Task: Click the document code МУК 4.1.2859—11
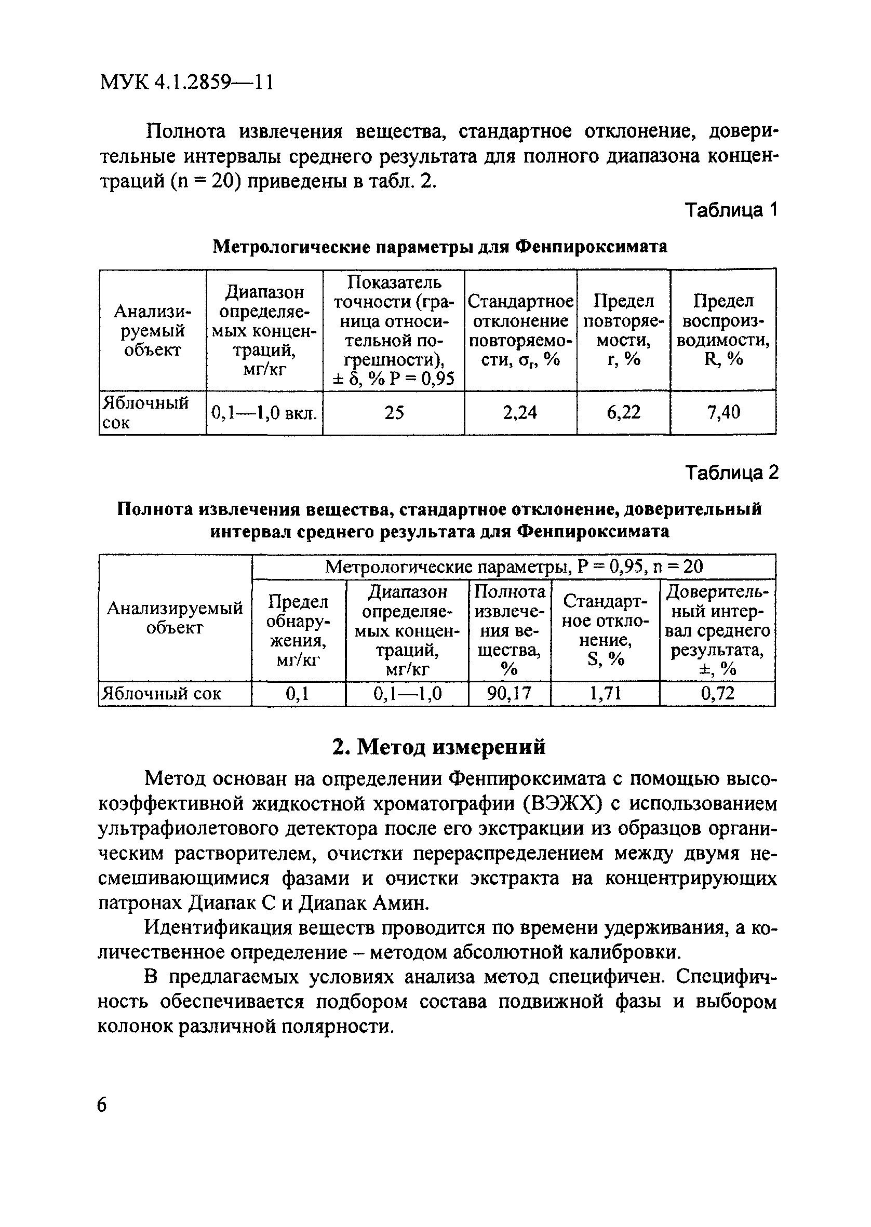coord(187,83)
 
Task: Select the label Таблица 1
coord(731,210)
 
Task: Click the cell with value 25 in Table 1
coord(394,412)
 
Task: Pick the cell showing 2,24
coord(520,412)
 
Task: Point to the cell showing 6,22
coord(623,412)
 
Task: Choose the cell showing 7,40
coord(723,412)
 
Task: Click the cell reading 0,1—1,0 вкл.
coord(264,413)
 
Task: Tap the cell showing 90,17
coord(509,694)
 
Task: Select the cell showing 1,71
coord(605,694)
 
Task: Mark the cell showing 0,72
coord(717,694)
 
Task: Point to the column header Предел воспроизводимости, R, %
coord(723,330)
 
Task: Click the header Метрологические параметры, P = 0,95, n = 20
coord(514,567)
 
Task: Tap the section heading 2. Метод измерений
coord(438,746)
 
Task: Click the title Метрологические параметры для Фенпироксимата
coord(440,247)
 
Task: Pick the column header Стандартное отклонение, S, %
coord(606,630)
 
